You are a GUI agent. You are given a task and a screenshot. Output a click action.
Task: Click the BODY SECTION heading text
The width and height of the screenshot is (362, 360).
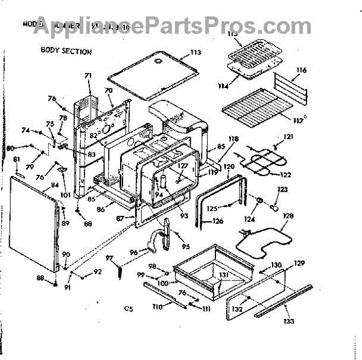click(x=66, y=51)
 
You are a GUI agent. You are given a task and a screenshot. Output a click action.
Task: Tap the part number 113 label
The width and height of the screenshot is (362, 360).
click(x=195, y=53)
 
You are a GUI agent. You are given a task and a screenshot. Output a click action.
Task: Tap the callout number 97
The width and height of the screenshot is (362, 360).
click(x=110, y=258)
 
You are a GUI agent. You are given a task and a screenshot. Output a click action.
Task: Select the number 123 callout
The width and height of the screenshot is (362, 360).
click(x=281, y=189)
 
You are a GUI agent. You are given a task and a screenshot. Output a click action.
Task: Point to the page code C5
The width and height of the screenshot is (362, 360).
click(x=128, y=309)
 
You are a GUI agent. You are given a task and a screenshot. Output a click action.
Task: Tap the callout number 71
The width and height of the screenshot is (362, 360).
click(x=87, y=75)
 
